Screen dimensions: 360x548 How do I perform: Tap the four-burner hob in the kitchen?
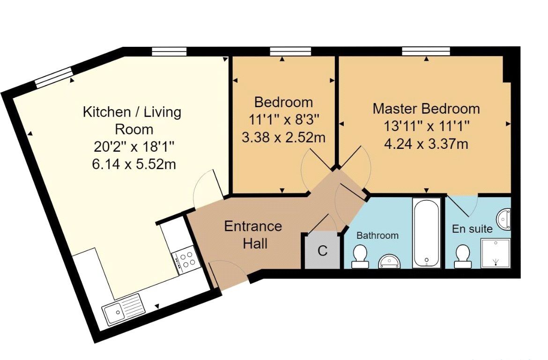[x=186, y=259]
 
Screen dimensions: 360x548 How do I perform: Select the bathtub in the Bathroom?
[x=426, y=232]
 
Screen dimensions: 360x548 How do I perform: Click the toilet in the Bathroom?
[x=360, y=257]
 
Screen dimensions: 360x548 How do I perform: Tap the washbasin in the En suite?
[x=504, y=219]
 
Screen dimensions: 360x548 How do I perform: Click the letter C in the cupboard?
[x=322, y=251]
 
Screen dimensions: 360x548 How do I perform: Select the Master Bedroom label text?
[x=426, y=109]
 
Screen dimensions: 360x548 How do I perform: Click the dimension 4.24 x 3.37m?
[x=426, y=144]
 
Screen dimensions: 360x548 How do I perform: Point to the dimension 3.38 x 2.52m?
[x=283, y=138]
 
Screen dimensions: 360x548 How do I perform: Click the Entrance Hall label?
[x=253, y=235]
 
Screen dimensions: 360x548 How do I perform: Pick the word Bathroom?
[x=378, y=235]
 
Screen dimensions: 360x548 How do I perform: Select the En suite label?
[x=472, y=229]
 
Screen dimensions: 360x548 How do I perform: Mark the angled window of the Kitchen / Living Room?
[x=54, y=78]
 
